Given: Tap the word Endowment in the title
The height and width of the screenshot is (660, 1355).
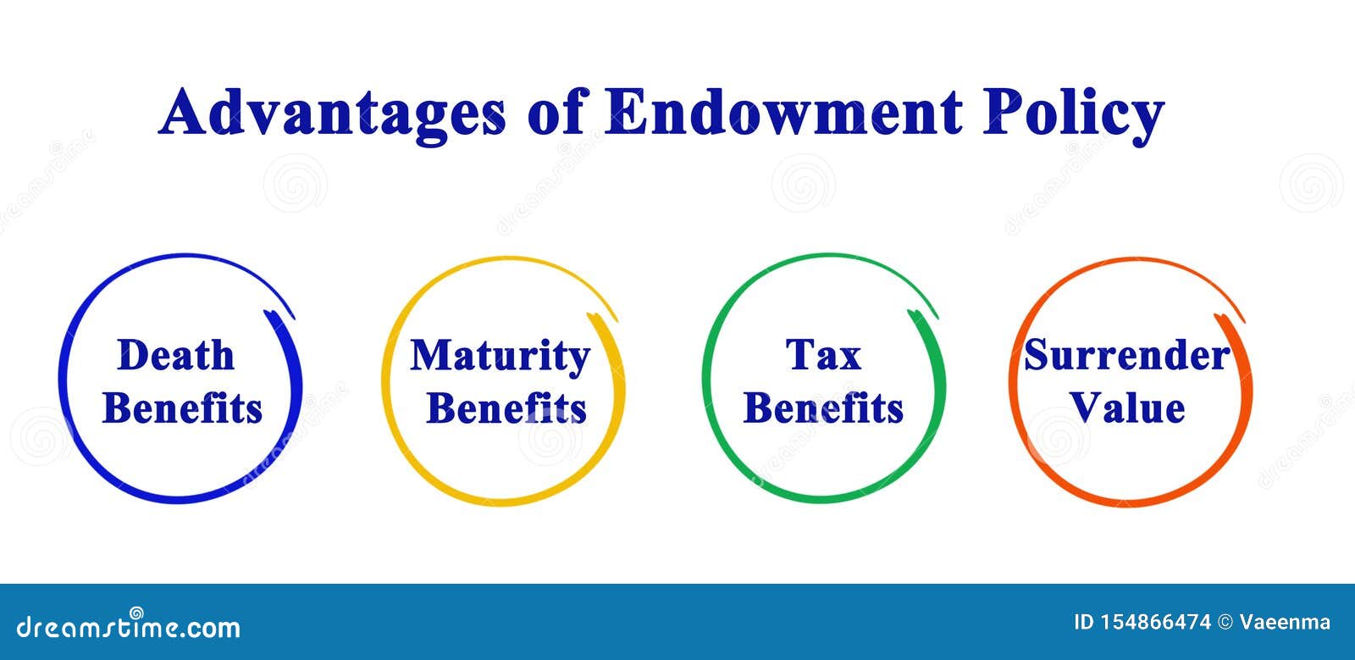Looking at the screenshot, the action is (x=783, y=113).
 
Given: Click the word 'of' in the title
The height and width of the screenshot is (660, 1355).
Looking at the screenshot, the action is (x=556, y=113).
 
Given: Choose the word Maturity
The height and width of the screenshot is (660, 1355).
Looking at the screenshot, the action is (x=501, y=357).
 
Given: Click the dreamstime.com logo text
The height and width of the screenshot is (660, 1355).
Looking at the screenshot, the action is (x=128, y=625).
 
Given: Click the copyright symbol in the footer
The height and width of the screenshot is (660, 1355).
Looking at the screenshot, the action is (x=1225, y=623).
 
